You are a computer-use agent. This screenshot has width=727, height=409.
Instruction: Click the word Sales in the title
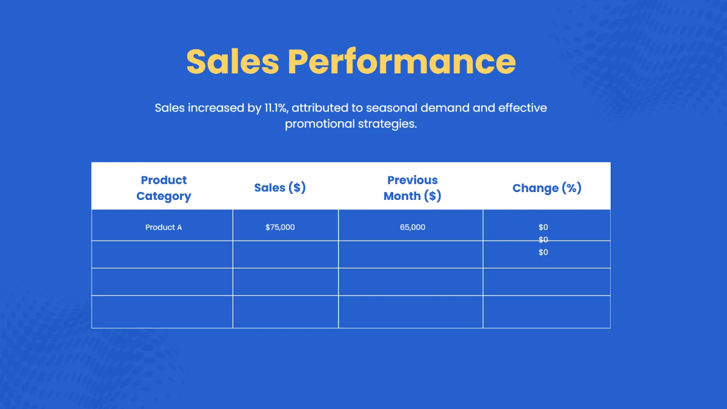point(233,62)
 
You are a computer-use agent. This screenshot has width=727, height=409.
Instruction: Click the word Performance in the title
point(402,62)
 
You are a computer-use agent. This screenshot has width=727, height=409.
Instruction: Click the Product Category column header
point(164,188)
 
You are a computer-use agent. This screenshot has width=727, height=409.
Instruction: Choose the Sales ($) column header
point(280,188)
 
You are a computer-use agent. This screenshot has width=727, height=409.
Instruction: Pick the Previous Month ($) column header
point(413,188)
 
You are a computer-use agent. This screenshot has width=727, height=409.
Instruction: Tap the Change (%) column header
point(546,188)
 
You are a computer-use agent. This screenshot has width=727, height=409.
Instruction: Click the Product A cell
point(164,227)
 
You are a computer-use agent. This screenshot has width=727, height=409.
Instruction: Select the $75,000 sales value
point(280,227)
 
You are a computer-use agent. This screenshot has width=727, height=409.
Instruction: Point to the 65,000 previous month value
point(413,227)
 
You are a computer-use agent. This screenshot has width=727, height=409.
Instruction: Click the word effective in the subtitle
point(522,108)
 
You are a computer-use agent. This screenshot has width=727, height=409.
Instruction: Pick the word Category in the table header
point(164,196)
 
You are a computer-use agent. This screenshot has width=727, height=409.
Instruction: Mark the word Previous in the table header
point(413,180)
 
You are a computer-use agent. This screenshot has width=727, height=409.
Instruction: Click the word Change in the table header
point(534,188)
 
